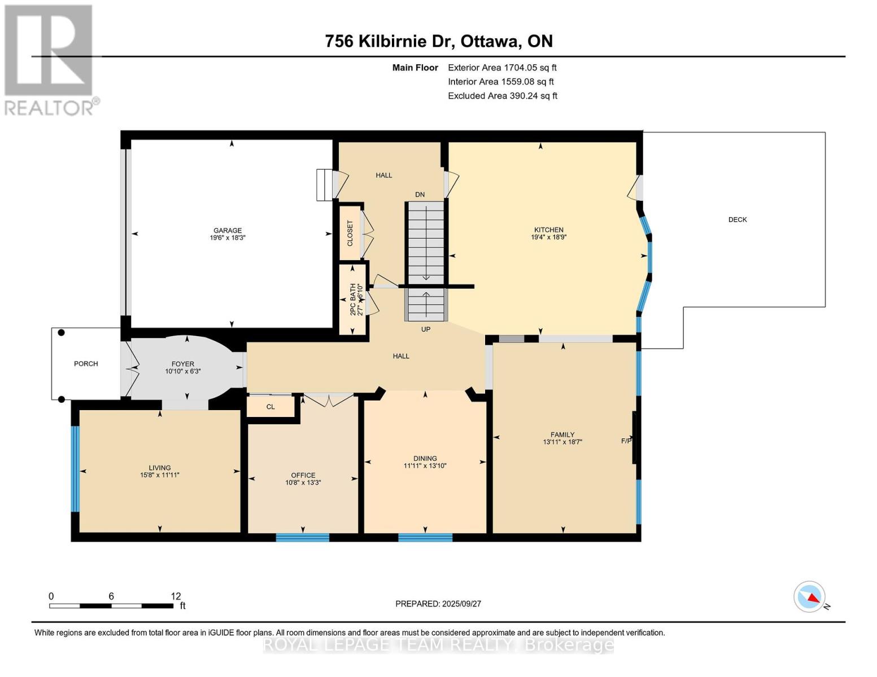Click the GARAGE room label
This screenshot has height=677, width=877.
click(228, 231)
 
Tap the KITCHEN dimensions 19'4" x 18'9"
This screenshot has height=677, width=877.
click(549, 237)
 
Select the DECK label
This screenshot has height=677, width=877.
click(738, 220)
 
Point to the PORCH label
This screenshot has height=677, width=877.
click(86, 364)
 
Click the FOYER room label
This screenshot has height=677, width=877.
click(183, 364)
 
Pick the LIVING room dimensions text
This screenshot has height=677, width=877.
click(160, 475)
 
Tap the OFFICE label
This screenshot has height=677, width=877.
click(303, 476)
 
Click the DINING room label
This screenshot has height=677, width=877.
click(425, 459)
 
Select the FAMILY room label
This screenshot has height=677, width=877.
click(562, 434)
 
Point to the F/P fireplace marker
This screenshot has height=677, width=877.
click(626, 441)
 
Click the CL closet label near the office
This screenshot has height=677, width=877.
click(270, 407)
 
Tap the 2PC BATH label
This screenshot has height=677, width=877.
click(353, 299)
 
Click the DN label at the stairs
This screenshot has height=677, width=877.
click(420, 194)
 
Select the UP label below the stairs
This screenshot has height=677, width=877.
click(426, 329)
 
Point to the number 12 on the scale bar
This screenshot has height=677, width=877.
click(176, 596)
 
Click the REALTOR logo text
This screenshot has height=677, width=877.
click(49, 108)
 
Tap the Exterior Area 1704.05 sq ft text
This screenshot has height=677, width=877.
click(502, 68)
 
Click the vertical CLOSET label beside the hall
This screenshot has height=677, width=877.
click(350, 233)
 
